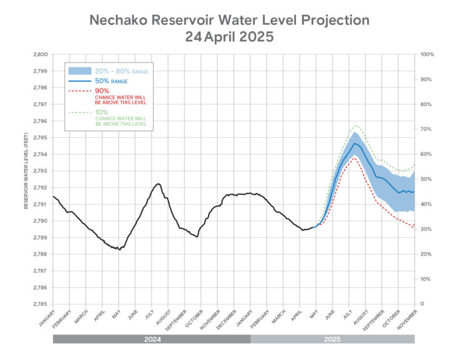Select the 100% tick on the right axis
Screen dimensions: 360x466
click(427, 54)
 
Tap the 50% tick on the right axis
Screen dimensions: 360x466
click(426, 179)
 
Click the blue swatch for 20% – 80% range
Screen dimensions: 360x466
click(79, 70)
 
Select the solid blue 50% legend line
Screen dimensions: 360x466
click(79, 81)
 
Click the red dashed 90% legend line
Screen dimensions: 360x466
click(79, 90)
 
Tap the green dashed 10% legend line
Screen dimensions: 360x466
click(79, 112)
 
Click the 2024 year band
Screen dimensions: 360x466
click(151, 339)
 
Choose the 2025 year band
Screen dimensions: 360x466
click(332, 339)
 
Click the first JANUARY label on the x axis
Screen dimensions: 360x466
click(46, 318)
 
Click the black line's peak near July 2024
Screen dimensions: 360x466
click(158, 183)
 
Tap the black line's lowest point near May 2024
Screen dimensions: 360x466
click(119, 249)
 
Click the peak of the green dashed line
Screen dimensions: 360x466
click(356, 126)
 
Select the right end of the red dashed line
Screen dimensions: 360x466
click(414, 228)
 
